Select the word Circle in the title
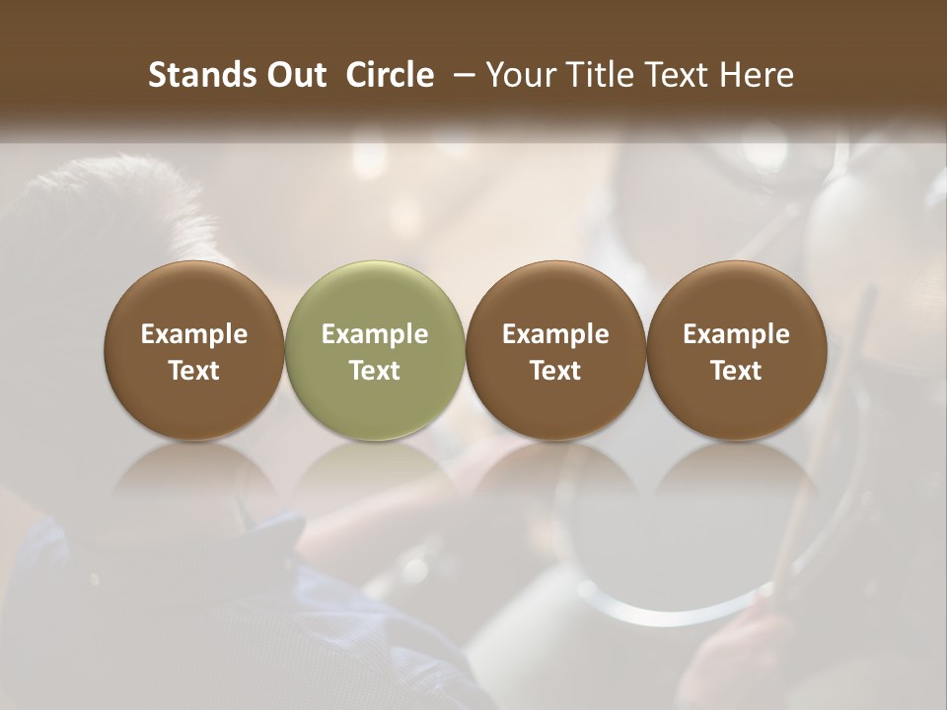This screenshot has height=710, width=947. click(x=390, y=75)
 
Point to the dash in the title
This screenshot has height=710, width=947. click(x=460, y=75)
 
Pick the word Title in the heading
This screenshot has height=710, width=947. click(x=597, y=75)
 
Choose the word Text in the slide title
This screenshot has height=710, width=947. click(x=674, y=75)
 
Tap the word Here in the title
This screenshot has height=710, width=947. click(x=756, y=75)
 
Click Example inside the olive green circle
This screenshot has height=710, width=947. click(x=375, y=334)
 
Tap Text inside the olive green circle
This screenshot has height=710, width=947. click(x=375, y=371)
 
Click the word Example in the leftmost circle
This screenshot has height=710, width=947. click(x=194, y=334)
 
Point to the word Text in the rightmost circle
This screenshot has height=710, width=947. click(x=737, y=371)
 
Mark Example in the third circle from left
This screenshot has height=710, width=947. click(x=555, y=334)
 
